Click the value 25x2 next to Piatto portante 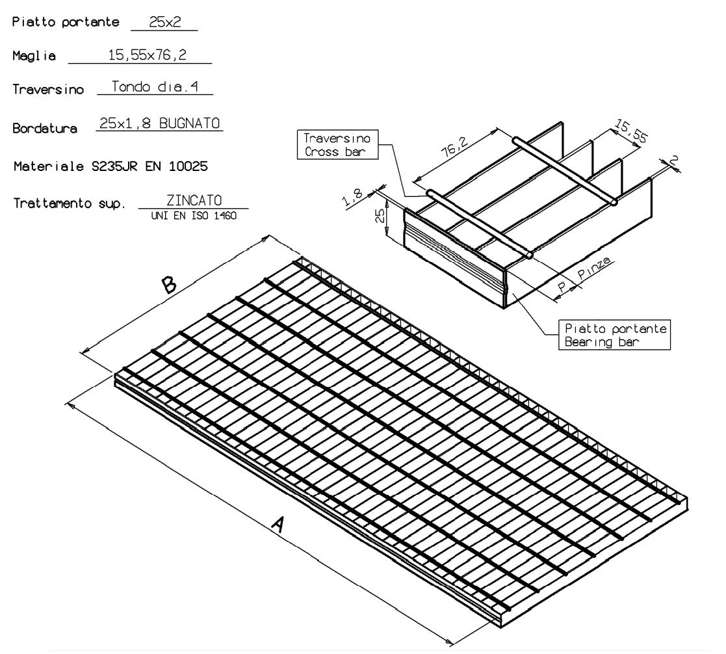[165, 21]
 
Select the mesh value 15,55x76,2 [148, 55]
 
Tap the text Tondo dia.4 [155, 86]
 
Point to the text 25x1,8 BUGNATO [160, 124]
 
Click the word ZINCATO [194, 200]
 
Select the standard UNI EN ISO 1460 [194, 216]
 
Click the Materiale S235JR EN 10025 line [110, 166]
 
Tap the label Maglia [34, 56]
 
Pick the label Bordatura [45, 128]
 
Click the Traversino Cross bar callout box [337, 144]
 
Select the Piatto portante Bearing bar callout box [614, 335]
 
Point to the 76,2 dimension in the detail [454, 146]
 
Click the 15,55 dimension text [630, 131]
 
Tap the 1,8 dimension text [353, 198]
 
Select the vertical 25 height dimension [380, 215]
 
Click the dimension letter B [168, 284]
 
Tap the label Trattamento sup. [70, 203]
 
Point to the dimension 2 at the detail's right [674, 161]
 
